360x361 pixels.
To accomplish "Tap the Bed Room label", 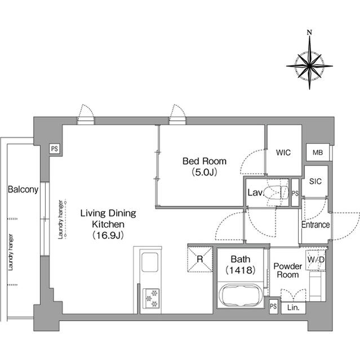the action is click(x=205, y=161).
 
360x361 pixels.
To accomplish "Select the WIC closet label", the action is click(x=283, y=152).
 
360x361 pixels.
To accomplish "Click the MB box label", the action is click(x=318, y=152).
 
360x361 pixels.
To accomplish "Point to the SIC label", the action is click(x=315, y=182).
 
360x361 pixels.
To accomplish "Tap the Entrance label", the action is click(x=315, y=224).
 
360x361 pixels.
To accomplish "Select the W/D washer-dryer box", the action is click(x=315, y=260).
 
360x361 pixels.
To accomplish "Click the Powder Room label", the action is click(x=287, y=271).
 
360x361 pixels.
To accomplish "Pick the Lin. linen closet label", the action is click(x=294, y=307).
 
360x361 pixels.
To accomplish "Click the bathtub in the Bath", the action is click(x=241, y=296).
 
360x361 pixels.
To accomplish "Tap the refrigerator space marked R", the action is click(x=200, y=259).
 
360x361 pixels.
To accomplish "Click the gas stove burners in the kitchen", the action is click(x=151, y=298).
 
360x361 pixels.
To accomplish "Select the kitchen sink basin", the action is click(x=150, y=262).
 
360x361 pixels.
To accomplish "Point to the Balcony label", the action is click(x=23, y=190).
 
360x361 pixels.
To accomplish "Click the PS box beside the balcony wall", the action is click(x=55, y=149).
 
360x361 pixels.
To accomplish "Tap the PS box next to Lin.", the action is click(x=273, y=306).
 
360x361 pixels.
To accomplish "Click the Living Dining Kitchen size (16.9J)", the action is click(x=108, y=235).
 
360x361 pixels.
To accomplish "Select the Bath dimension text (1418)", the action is click(x=241, y=270).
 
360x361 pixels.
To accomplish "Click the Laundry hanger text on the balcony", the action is click(x=11, y=252).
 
